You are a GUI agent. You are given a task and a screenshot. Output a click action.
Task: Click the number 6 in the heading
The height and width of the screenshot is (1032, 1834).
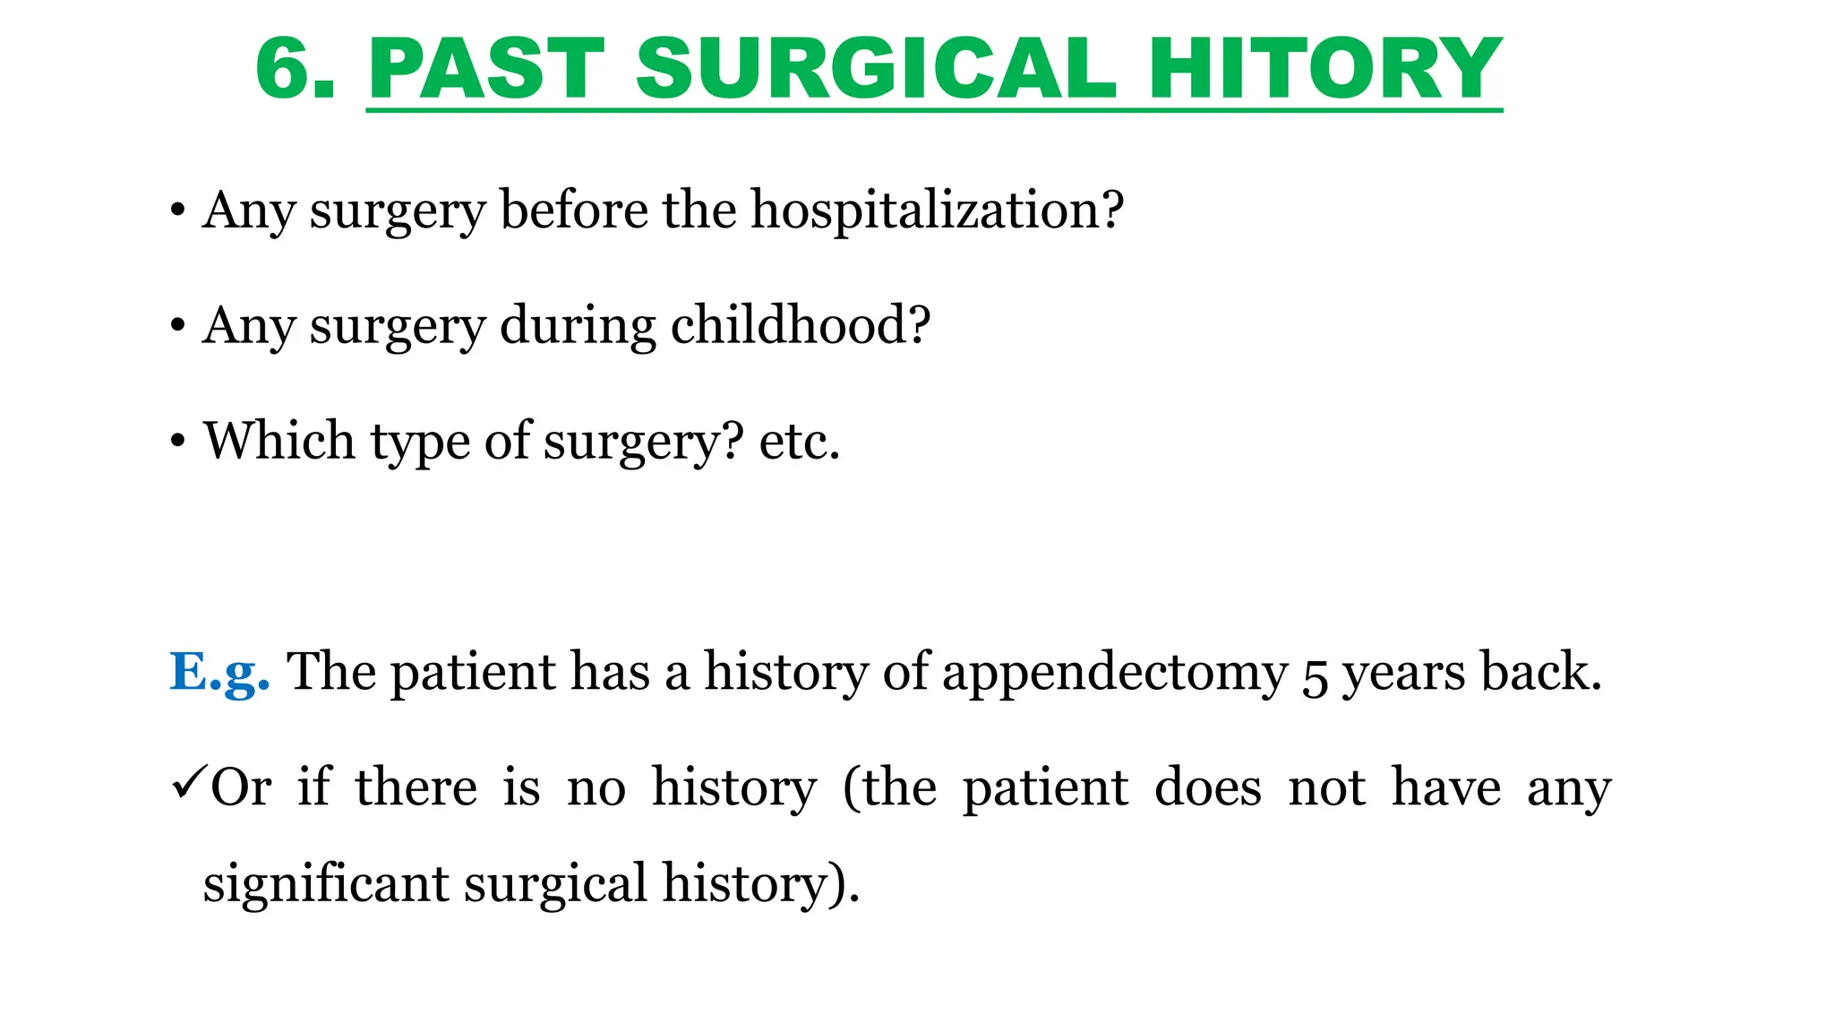point(285,69)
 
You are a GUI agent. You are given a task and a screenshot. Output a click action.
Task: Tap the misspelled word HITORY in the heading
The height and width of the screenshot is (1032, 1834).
point(1324,69)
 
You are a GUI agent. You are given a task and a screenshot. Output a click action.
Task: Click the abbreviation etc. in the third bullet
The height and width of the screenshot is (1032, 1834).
point(800,442)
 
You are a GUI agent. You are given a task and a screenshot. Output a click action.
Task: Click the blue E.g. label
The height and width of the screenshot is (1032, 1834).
point(219,672)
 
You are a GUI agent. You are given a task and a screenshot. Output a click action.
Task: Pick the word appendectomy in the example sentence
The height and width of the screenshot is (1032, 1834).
point(1114,674)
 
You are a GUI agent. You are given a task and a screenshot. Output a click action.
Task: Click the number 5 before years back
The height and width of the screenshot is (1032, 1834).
point(1314,676)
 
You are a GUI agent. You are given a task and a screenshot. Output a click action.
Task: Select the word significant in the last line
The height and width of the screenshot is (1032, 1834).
point(325,885)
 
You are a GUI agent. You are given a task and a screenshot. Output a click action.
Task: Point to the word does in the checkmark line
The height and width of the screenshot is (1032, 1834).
point(1208,787)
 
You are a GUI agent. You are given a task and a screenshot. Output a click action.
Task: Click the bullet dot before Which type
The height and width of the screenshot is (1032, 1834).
point(178,442)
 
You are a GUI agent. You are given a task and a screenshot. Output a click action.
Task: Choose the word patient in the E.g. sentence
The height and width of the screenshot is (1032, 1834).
point(473,672)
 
